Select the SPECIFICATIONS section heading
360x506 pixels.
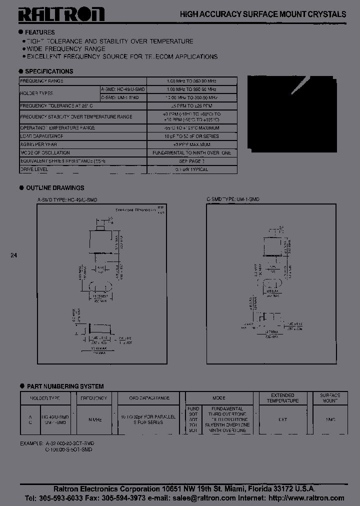point(49,71)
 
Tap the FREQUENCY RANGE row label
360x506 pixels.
point(41,81)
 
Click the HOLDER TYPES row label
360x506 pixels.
point(36,93)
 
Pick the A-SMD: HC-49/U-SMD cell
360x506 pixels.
point(123,88)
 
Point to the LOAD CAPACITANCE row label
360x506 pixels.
point(41,136)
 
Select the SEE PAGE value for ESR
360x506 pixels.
point(192,161)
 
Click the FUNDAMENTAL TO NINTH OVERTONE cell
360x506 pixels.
point(192,153)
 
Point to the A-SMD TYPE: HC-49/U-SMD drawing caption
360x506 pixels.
point(67,199)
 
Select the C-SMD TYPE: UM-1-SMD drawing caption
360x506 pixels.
point(233,199)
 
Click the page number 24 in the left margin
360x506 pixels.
point(13,255)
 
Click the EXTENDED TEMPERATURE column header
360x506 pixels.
point(282,398)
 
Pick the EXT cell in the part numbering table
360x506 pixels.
point(282,419)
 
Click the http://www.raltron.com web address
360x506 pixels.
point(306,498)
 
